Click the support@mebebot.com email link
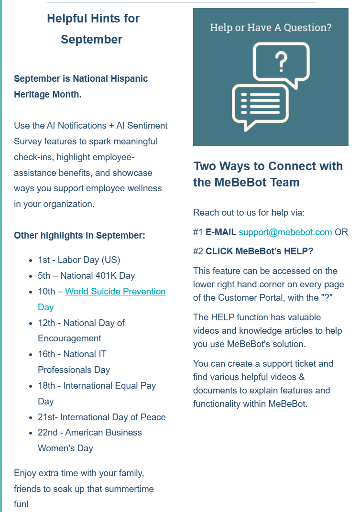[285, 232]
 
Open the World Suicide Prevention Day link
[115, 292]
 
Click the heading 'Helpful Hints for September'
[93, 29]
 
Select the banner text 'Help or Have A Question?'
[271, 27]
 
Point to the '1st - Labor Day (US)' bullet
[79, 260]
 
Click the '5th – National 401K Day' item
[86, 276]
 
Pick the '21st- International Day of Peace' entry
[101, 417]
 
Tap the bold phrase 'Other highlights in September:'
[79, 235]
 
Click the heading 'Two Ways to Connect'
[268, 166]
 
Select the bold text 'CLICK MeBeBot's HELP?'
[259, 251]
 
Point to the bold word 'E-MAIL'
[221, 232]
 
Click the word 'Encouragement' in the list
[69, 338]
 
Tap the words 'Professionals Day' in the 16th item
[74, 370]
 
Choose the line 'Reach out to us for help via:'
[249, 213]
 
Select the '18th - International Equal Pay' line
[97, 386]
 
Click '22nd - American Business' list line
[89, 433]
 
